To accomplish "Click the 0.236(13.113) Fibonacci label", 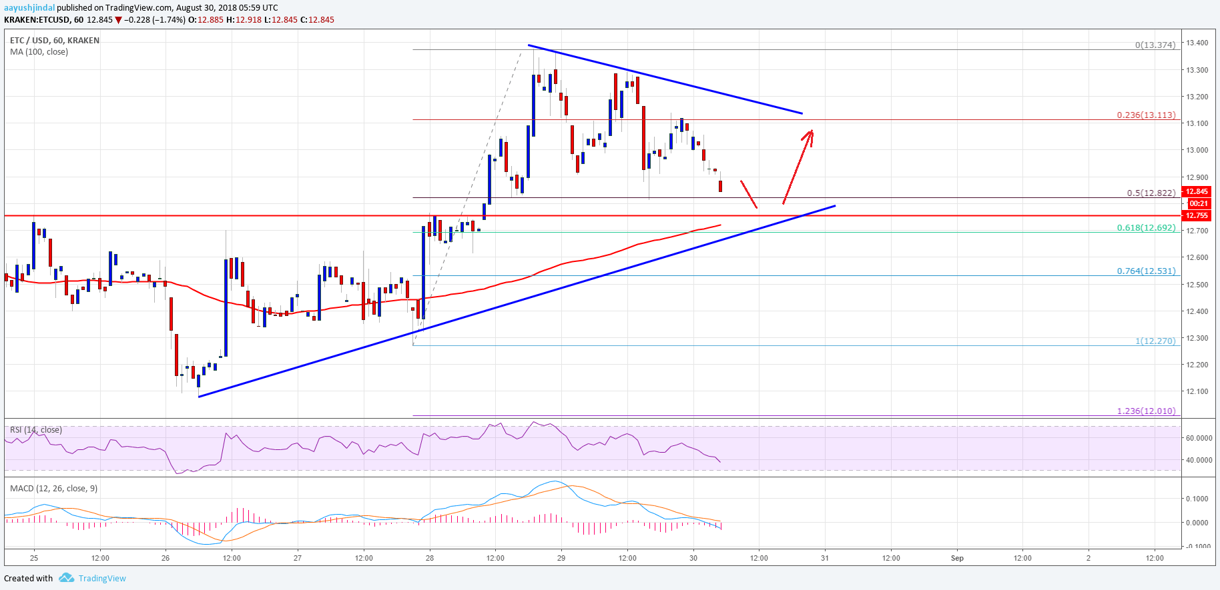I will (1146, 115).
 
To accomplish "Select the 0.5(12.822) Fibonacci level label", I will (1151, 193).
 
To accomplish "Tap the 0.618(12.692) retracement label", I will (1146, 228).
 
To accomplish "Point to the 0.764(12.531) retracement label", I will (1146, 271).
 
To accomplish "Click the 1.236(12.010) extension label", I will (1146, 411).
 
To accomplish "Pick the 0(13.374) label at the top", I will (1155, 45).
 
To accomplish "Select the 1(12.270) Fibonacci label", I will (1155, 341).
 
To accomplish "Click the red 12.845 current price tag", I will (1197, 191).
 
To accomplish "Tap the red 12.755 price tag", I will (1197, 215).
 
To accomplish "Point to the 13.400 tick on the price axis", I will (1197, 43).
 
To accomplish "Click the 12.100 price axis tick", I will (1197, 391).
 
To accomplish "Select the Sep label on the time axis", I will (957, 558).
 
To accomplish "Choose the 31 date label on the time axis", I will (825, 558).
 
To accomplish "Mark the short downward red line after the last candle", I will (749, 194).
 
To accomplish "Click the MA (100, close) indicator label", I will (39, 52).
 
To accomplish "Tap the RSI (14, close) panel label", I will (36, 430).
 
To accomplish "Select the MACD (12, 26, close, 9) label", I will (53, 489).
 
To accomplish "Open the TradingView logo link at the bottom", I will (94, 578).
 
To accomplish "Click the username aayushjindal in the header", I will (29, 8).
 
